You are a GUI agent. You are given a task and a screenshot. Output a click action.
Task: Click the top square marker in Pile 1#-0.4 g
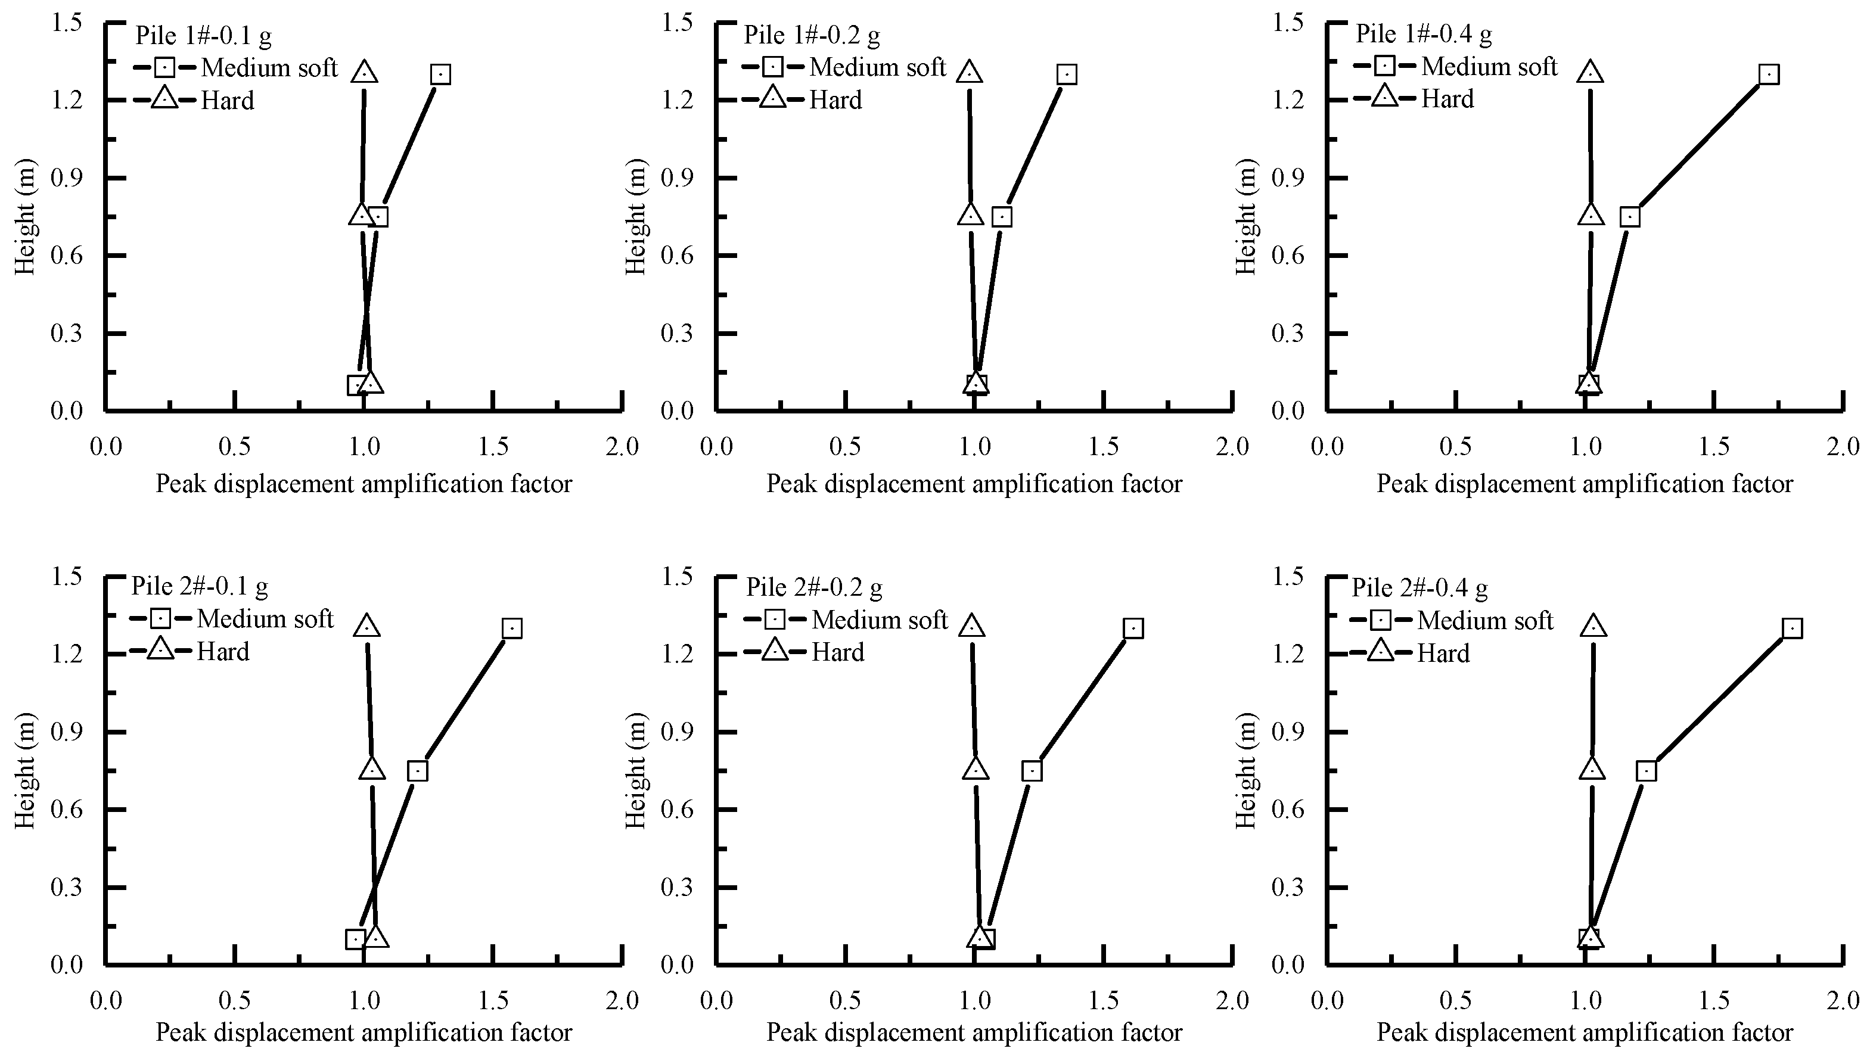(x=1769, y=74)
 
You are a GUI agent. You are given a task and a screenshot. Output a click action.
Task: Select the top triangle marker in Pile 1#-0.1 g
(x=364, y=72)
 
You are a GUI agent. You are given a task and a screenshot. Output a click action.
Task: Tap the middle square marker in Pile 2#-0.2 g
(x=1032, y=771)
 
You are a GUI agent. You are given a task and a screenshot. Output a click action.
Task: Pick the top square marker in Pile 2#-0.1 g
(x=512, y=628)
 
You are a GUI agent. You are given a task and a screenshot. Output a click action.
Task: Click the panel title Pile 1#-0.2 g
(x=811, y=35)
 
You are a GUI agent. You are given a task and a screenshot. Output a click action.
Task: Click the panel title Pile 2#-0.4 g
(x=1419, y=587)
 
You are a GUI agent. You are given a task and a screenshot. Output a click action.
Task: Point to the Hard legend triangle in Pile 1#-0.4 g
(x=1385, y=97)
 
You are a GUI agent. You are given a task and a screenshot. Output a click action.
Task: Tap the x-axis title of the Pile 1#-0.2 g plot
(x=974, y=483)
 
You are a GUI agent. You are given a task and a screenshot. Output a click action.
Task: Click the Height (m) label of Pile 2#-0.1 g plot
(x=26, y=770)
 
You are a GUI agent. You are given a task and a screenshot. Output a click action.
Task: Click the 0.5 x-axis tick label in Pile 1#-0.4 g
(x=1456, y=446)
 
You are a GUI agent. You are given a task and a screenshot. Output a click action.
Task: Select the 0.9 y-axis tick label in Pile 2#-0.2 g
(x=676, y=731)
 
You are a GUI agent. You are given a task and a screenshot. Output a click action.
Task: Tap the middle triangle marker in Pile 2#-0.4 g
(x=1592, y=768)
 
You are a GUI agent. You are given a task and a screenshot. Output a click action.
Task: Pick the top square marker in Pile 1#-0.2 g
(x=1067, y=74)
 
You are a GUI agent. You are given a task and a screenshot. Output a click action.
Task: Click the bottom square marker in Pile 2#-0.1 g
(x=356, y=939)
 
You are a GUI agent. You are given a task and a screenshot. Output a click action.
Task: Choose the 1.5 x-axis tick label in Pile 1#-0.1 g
(x=493, y=446)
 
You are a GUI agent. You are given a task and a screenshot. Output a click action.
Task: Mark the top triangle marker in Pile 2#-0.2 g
(x=972, y=626)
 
